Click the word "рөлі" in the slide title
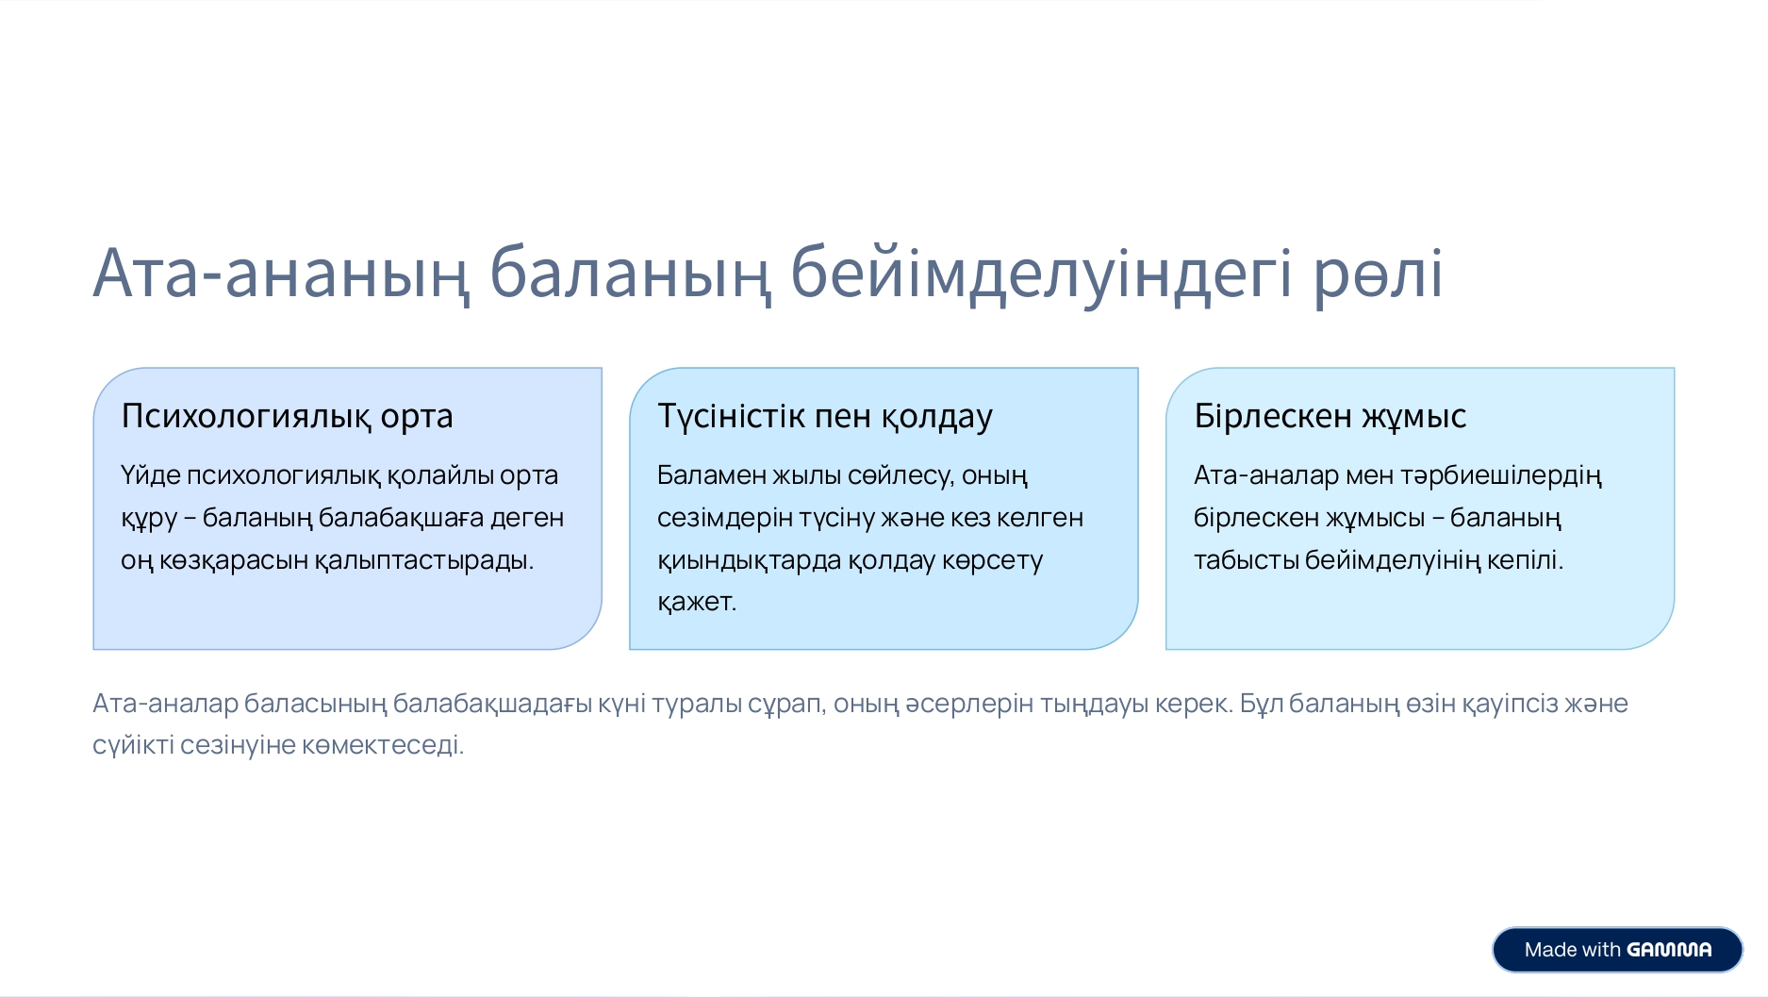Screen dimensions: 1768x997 pos(1379,274)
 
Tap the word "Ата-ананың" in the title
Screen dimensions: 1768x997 pos(281,274)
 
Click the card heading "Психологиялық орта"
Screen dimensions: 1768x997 pos(287,416)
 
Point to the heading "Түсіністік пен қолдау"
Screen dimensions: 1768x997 pos(825,416)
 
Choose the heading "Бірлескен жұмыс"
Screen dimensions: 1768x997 pos(1330,416)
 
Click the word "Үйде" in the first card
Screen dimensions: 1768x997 pos(151,474)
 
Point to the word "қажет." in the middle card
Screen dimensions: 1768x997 pos(697,602)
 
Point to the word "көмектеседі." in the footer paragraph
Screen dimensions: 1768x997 pos(383,745)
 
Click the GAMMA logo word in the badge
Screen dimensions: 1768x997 pos(1669,950)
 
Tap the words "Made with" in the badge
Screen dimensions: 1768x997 pos(1572,950)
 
